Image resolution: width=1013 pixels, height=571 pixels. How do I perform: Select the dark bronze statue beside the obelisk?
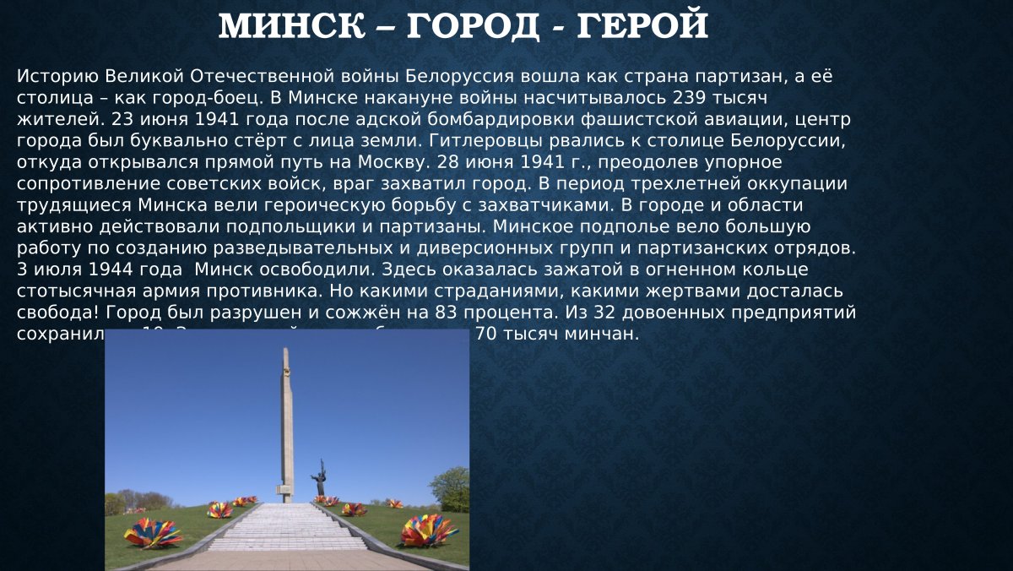click(318, 479)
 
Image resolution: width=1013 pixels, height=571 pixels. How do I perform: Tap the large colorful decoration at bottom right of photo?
click(429, 530)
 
